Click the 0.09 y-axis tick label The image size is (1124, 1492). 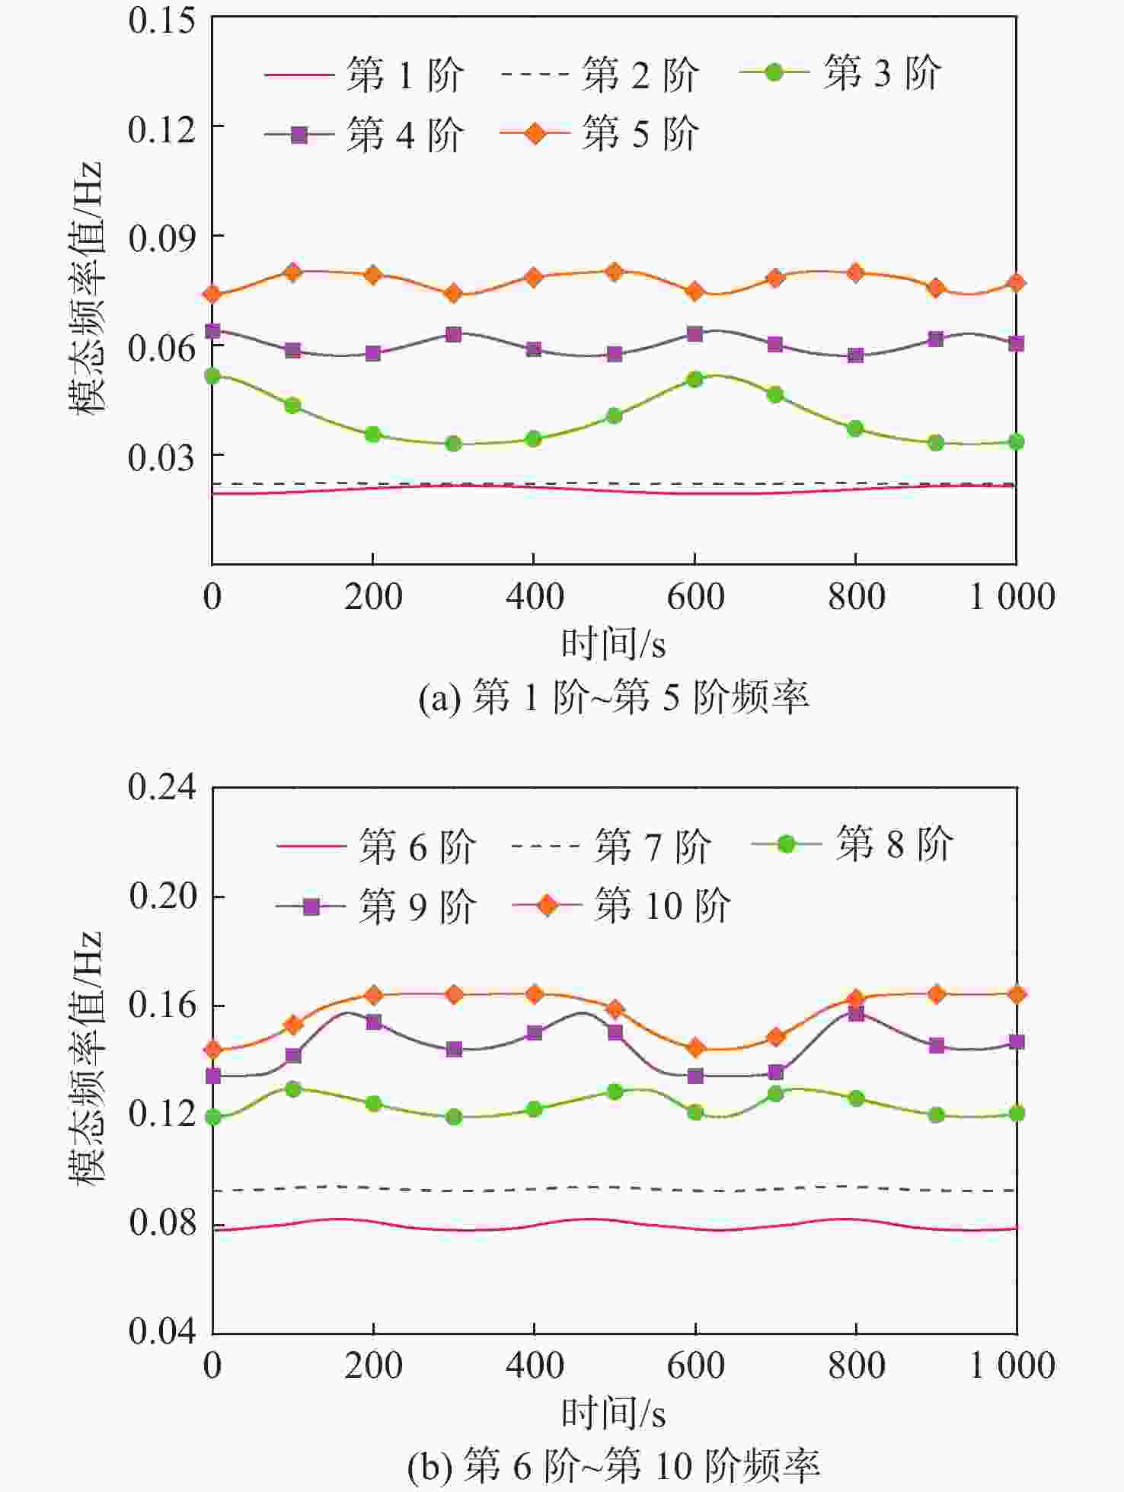[161, 238]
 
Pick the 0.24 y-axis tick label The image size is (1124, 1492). [161, 787]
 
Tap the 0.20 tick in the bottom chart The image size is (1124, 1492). [161, 896]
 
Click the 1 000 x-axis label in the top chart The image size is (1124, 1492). [1011, 597]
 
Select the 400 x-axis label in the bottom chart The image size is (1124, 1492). [535, 1366]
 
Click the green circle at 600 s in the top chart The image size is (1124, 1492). [695, 379]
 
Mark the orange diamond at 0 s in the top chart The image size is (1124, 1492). [212, 295]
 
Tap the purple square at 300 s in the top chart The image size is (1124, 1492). [454, 334]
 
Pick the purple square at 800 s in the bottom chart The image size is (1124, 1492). [856, 1014]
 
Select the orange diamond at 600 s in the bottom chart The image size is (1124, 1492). [695, 1048]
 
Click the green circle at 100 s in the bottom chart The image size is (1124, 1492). [293, 1089]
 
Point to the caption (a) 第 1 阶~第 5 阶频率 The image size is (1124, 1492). [613, 697]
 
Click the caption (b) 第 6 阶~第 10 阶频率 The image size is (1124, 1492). [613, 1466]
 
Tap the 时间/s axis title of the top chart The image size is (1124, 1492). [613, 645]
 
